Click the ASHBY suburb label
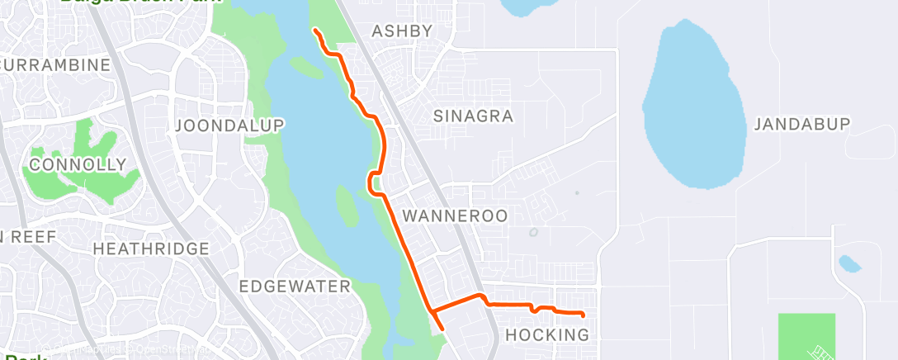[x=401, y=31]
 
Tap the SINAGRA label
[x=474, y=116]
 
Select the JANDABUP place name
[x=801, y=124]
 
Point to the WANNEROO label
[x=455, y=216]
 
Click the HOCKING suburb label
[x=546, y=334]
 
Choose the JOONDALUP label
[x=229, y=126]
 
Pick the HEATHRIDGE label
[x=151, y=249]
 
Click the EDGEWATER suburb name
[x=295, y=287]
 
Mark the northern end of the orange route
[x=315, y=31]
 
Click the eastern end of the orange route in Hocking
[x=583, y=315]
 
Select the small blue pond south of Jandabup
[x=849, y=264]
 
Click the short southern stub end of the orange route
[x=443, y=328]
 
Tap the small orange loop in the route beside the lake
[x=373, y=182]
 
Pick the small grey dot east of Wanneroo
[x=577, y=193]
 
